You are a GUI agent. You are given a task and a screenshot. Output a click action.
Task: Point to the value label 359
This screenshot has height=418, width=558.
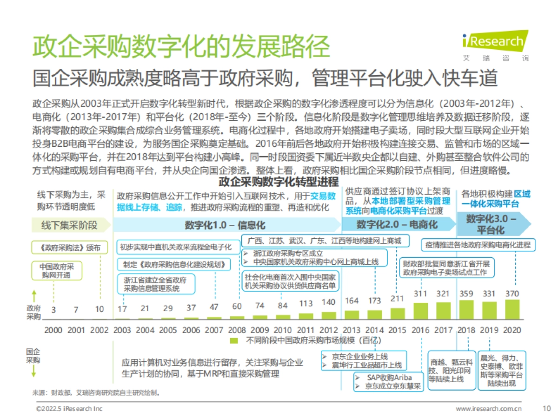tap(466, 294)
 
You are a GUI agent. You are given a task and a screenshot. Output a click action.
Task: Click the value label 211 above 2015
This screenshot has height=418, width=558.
tap(397, 298)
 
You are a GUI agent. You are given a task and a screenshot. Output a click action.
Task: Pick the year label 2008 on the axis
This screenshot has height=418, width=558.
tap(237, 330)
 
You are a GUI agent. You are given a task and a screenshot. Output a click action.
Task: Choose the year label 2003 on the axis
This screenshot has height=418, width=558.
tap(122, 330)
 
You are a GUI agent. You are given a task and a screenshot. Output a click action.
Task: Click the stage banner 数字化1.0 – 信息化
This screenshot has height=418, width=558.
tap(225, 225)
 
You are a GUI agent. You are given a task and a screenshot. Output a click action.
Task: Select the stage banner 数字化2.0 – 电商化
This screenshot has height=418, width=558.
tap(397, 224)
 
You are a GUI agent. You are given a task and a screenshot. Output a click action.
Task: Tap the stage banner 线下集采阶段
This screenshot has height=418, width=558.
tap(70, 225)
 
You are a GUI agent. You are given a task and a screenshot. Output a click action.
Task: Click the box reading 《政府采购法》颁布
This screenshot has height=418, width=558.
tap(67, 248)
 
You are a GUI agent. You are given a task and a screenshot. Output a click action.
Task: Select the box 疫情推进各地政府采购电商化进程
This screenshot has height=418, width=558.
tap(478, 244)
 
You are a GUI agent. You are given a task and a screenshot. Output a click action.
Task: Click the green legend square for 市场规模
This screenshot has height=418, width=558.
tap(235, 341)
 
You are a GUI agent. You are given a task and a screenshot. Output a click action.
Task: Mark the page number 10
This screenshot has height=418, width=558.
tap(546, 409)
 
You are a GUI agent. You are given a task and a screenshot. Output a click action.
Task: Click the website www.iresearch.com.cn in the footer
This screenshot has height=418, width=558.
tap(489, 409)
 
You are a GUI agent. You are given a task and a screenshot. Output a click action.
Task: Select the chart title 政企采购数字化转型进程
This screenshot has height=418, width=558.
tap(279, 182)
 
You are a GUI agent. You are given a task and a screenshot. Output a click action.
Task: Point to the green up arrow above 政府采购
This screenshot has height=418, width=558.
tap(34, 295)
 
